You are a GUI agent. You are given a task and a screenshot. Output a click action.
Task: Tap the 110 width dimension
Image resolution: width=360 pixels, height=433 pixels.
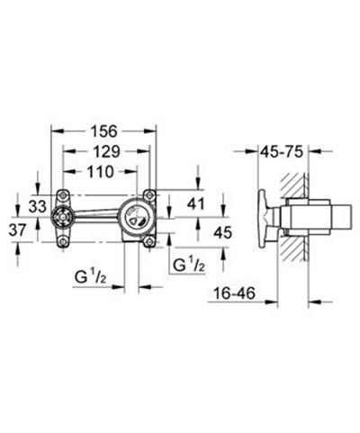pyautogui.click(x=100, y=171)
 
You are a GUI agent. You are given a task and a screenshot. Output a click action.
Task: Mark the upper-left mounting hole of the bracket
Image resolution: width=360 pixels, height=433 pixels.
pyautogui.click(x=62, y=195)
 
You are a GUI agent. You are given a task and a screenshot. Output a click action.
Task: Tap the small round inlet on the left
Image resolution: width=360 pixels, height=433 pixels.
pyautogui.click(x=62, y=217)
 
